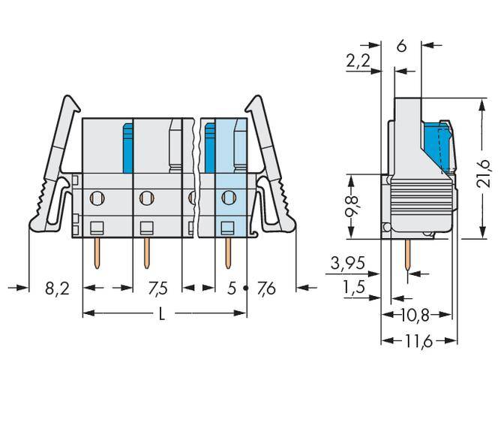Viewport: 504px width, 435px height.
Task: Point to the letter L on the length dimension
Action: [163, 316]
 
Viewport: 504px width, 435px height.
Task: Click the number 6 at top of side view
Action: [401, 47]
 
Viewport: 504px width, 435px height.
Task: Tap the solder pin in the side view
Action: [407, 255]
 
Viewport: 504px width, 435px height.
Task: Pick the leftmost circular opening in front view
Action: [96, 199]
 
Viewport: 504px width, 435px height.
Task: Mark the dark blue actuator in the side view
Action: [433, 147]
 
